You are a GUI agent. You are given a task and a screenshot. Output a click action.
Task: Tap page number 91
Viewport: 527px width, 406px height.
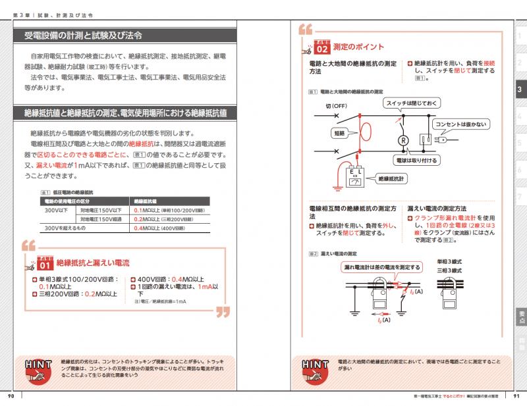516,395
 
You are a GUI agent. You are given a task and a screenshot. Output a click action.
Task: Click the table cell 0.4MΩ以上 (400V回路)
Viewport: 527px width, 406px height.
159,228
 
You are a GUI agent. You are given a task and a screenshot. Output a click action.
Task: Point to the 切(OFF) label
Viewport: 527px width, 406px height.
336,105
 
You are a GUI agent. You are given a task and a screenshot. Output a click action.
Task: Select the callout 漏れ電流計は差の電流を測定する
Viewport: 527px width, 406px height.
382,267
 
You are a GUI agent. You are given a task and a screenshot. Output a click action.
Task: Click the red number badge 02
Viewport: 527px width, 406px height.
322,48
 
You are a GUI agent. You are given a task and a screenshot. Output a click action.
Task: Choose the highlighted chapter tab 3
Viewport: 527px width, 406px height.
520,89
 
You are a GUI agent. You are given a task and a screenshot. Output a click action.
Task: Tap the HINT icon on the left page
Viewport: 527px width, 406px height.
36,370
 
